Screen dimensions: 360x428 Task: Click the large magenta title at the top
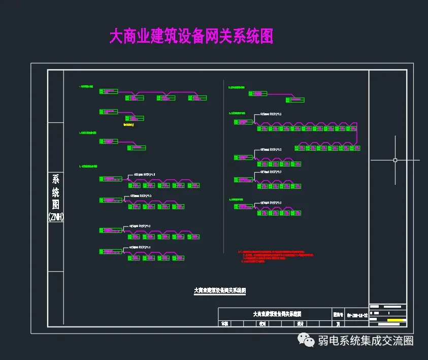tap(191, 37)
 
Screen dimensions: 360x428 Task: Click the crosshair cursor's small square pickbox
tap(395, 160)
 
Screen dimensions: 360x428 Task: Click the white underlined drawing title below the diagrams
tap(220, 291)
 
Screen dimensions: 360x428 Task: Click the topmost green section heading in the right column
tap(237, 87)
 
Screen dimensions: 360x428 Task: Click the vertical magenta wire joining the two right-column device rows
tap(357, 134)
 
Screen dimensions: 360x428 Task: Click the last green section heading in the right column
tap(237, 200)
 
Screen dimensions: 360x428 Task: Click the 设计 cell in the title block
tap(300, 323)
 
